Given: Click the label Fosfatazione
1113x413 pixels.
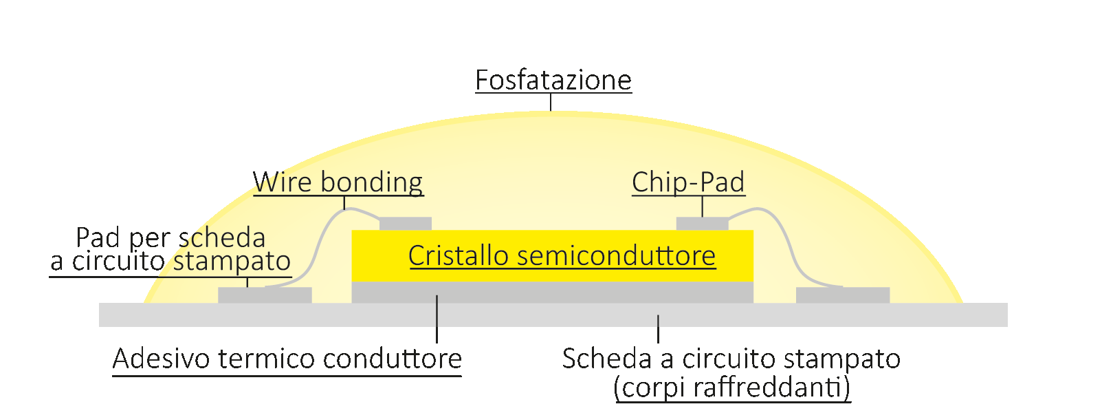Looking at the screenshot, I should (553, 81).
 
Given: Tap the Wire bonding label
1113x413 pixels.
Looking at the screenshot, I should (338, 182).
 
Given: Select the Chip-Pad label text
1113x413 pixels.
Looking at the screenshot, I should (688, 182).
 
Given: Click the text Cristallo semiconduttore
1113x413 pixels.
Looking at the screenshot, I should (562, 255).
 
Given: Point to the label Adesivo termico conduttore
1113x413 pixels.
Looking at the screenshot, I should (287, 359).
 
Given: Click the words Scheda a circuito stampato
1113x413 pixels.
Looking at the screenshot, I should (731, 359).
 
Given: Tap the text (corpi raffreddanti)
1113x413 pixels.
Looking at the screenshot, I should (732, 387).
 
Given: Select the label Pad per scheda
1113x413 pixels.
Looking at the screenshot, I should (170, 237).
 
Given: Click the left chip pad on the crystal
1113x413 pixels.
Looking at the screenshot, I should (406, 224).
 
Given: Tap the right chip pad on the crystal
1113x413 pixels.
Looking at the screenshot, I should (702, 224).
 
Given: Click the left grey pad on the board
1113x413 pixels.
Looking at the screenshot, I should (265, 295).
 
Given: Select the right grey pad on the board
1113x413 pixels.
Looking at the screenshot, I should (843, 295).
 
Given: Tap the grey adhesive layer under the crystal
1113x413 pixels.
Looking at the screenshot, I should (552, 293).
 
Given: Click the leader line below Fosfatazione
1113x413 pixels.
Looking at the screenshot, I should (551, 102).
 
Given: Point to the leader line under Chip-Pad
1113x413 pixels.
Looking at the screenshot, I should (703, 206).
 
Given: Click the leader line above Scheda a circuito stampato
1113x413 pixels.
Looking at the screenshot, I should (659, 329).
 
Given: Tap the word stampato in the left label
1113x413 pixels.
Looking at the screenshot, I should (231, 262).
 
